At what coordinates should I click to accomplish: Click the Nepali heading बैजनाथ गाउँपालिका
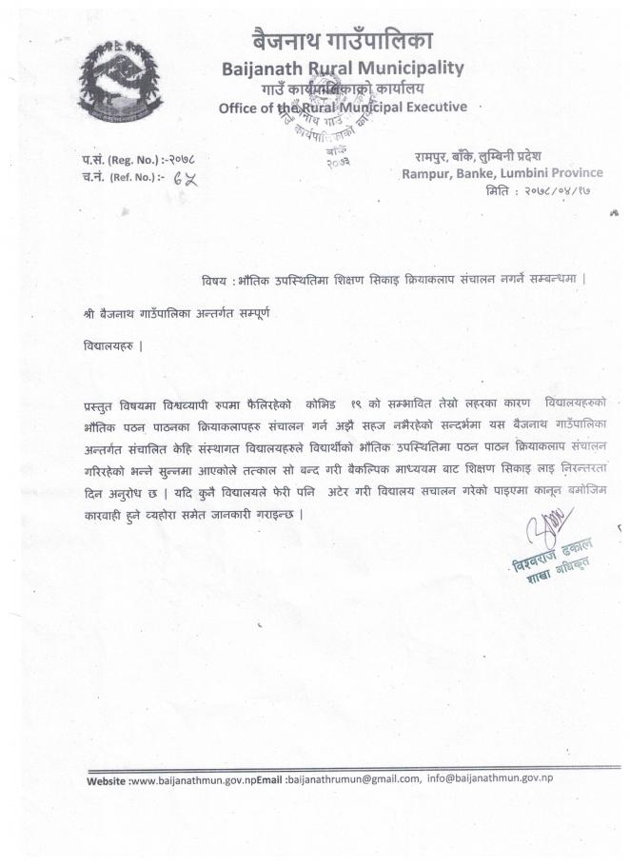pyautogui.click(x=343, y=41)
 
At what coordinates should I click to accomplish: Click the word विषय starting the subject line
pyautogui.click(x=214, y=279)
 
